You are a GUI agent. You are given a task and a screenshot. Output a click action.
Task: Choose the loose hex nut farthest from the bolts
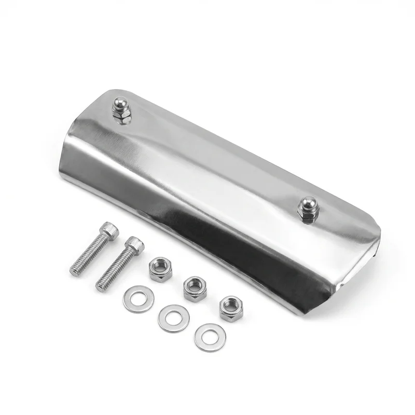coord(231,308)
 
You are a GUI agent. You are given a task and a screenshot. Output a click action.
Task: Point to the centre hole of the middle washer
coord(173,318)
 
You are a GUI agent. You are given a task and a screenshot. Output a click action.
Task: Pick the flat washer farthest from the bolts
coord(210,337)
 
